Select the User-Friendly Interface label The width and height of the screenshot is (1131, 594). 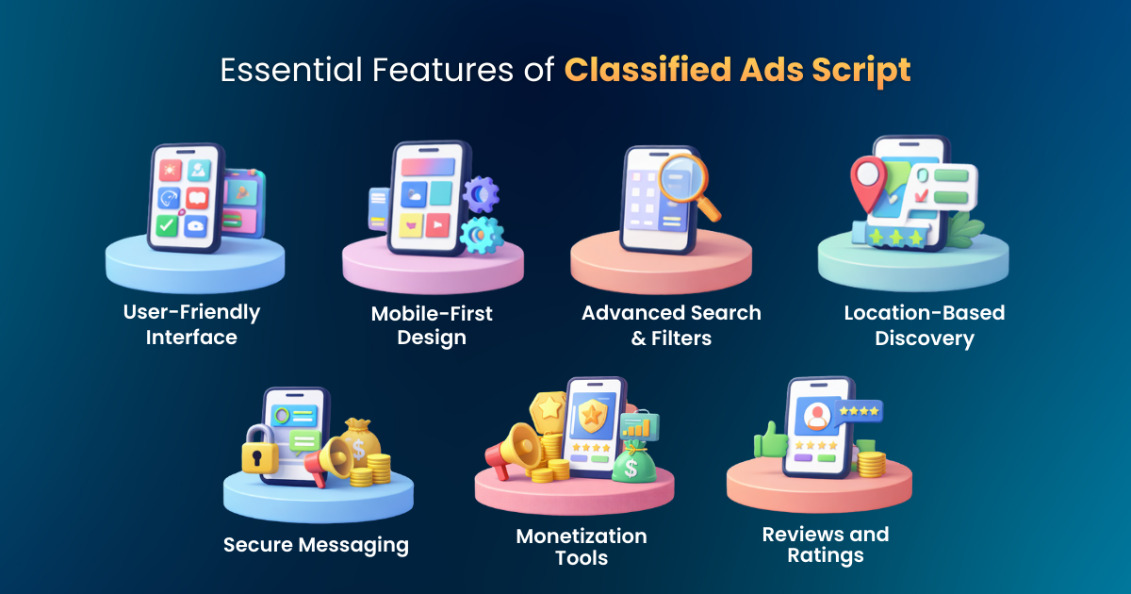[191, 323]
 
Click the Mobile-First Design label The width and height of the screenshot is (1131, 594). [432, 325]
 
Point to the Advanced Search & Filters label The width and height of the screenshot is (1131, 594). [671, 325]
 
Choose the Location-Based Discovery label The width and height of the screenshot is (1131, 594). [925, 325]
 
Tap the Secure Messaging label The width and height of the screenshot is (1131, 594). [316, 544]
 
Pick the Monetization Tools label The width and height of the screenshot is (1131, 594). [582, 546]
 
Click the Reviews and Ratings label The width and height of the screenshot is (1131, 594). [826, 544]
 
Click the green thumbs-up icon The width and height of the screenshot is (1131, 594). [770, 439]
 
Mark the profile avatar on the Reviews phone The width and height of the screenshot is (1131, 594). [816, 415]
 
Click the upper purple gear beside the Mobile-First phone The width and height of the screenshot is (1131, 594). [483, 194]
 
